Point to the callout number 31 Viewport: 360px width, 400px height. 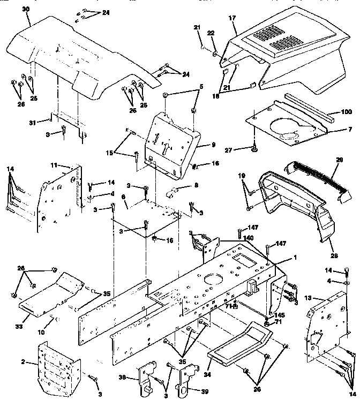32,123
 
